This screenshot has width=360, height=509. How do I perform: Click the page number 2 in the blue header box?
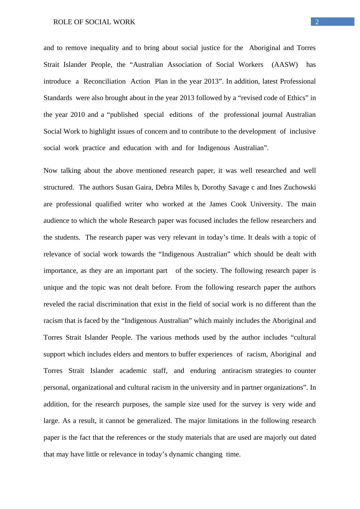tap(317, 22)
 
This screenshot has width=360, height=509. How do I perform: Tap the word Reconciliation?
tap(104, 81)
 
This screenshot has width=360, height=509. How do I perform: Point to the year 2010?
tap(77, 115)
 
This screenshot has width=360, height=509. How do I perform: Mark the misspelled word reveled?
tap(54, 304)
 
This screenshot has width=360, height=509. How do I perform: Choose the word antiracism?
tap(237, 371)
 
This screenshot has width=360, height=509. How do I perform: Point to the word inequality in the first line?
tap(104, 48)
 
